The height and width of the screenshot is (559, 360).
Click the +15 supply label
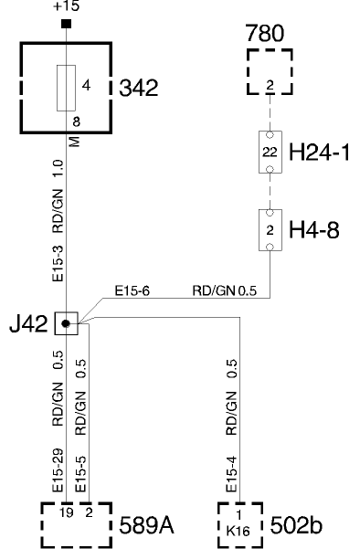[67, 6]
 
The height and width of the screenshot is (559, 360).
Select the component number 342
[140, 89]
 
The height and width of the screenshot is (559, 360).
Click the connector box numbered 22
[270, 153]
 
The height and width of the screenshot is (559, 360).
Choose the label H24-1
[321, 153]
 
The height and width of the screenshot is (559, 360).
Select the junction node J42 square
[65, 322]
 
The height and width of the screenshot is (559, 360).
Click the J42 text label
[34, 322]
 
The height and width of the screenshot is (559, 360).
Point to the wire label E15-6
[132, 292]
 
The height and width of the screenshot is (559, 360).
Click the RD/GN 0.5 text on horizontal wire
[225, 292]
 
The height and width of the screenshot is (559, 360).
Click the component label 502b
[298, 526]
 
